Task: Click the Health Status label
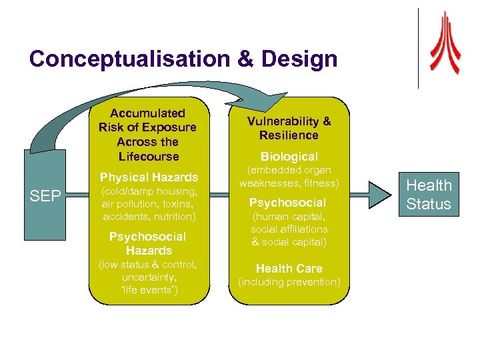tap(429, 195)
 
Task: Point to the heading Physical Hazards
tap(149, 177)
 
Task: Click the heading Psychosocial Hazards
tap(148, 243)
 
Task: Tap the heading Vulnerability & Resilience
tap(289, 128)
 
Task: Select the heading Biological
tap(289, 157)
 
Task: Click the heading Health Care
tap(289, 268)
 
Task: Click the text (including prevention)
tap(289, 282)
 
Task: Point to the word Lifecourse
tap(148, 157)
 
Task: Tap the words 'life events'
tap(148, 290)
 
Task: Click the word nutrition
tap(172, 217)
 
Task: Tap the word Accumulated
tap(148, 113)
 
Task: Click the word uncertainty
tap(148, 277)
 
